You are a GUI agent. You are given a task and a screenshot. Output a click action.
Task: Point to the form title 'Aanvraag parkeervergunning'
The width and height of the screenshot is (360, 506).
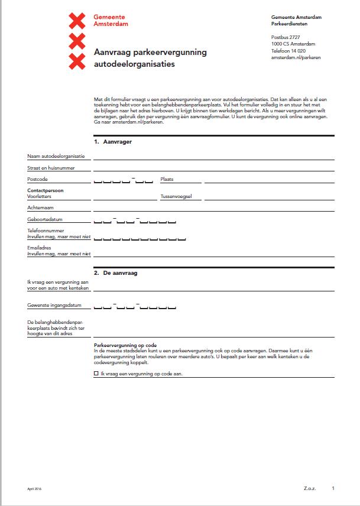150,53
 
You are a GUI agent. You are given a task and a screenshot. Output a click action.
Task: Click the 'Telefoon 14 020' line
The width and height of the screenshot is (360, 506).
288,50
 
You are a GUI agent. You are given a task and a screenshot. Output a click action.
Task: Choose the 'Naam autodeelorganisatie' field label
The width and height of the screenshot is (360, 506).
56,157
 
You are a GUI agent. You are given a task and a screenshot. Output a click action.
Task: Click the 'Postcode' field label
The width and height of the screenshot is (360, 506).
37,179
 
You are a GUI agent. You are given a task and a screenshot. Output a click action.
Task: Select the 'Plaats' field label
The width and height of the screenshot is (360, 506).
167,179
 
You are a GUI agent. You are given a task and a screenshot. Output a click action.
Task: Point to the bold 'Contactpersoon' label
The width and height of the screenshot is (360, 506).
45,191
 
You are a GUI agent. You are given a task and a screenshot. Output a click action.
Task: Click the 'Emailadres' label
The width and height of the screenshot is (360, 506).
40,248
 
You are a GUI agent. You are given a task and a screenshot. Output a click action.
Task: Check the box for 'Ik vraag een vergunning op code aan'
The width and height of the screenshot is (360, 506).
96,374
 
